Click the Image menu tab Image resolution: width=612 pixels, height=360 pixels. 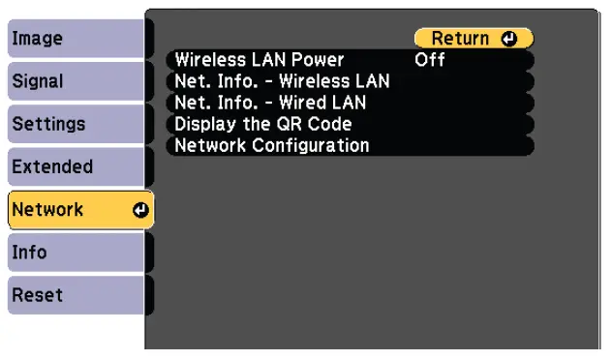(x=77, y=40)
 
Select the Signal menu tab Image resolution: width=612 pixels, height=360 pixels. (x=77, y=82)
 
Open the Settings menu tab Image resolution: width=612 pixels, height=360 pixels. (x=77, y=125)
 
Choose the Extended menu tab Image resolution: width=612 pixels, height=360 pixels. (x=77, y=167)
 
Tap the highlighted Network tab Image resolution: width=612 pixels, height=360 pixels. (x=77, y=210)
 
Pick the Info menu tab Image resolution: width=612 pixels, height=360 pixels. (x=77, y=253)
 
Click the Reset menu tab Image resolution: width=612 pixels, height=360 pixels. (x=77, y=295)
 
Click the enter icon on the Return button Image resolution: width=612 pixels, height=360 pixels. (x=511, y=39)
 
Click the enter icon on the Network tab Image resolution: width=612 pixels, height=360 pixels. (x=140, y=210)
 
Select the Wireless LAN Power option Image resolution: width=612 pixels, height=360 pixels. (x=260, y=60)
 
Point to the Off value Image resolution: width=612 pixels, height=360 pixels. (x=429, y=60)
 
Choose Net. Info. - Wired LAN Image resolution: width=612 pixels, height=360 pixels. (x=270, y=103)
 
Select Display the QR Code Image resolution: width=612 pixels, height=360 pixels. (x=262, y=124)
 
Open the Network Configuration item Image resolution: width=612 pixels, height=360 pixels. (x=272, y=146)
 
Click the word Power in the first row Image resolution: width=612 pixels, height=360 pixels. (x=319, y=60)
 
